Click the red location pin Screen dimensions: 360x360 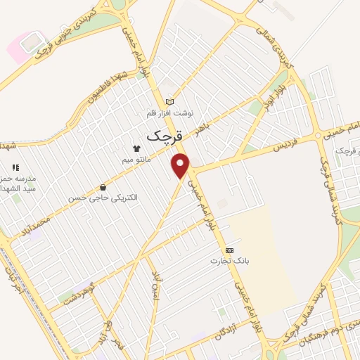pos(182,165)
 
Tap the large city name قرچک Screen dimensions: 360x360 pos(165,134)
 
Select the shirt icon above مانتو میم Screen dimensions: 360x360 pos(136,148)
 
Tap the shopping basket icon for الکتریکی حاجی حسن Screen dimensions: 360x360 pos(103,188)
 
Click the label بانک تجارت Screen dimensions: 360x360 pos(223,261)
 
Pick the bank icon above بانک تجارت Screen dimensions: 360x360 pos(229,250)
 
